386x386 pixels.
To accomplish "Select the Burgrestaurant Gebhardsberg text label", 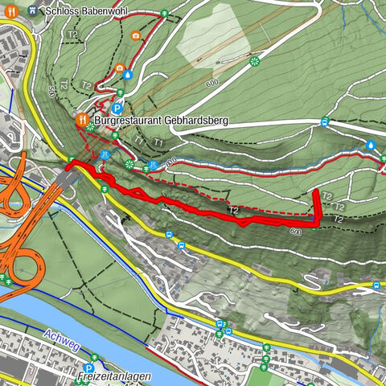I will [x=161, y=120].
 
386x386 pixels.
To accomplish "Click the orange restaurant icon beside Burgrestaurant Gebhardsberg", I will [x=81, y=120].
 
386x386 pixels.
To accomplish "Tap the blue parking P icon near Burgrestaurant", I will [x=117, y=108].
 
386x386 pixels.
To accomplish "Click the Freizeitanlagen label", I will [x=109, y=376].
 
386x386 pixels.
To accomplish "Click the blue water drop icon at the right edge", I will [x=371, y=146].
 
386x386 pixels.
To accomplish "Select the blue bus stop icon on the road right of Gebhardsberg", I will [x=324, y=122].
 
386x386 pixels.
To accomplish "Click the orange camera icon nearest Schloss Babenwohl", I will [x=135, y=36].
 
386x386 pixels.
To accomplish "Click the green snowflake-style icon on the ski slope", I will [x=255, y=61].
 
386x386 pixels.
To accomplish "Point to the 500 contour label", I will [x=52, y=89].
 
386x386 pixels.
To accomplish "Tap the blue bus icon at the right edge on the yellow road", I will [x=377, y=286].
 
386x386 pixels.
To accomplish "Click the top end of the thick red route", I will [x=314, y=195].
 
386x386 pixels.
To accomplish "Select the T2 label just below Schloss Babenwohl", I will [x=73, y=35].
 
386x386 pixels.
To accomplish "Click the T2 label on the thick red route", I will [x=233, y=210].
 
